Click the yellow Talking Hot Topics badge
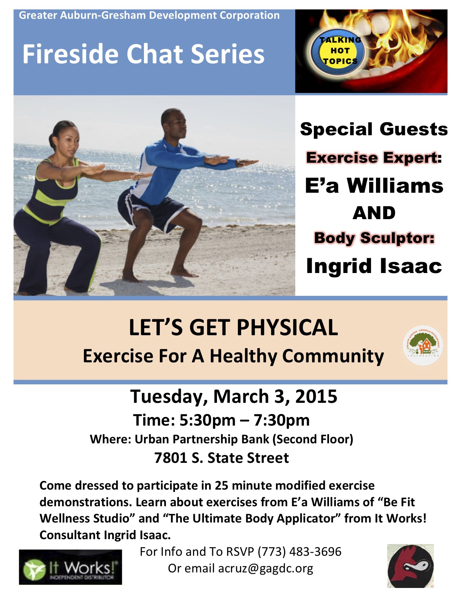coord(338,51)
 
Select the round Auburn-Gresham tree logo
coord(423,346)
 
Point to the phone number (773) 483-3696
coord(299,552)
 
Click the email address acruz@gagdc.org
coord(266,568)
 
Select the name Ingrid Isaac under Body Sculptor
coord(374,266)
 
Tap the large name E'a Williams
coord(374,186)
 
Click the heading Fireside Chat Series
coord(143,54)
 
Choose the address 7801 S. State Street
coord(221,458)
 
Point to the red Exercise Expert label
coord(374,158)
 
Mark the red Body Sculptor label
coord(374,238)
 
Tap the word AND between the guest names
coord(374,213)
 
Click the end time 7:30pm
coord(281,420)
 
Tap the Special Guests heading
coord(374,129)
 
